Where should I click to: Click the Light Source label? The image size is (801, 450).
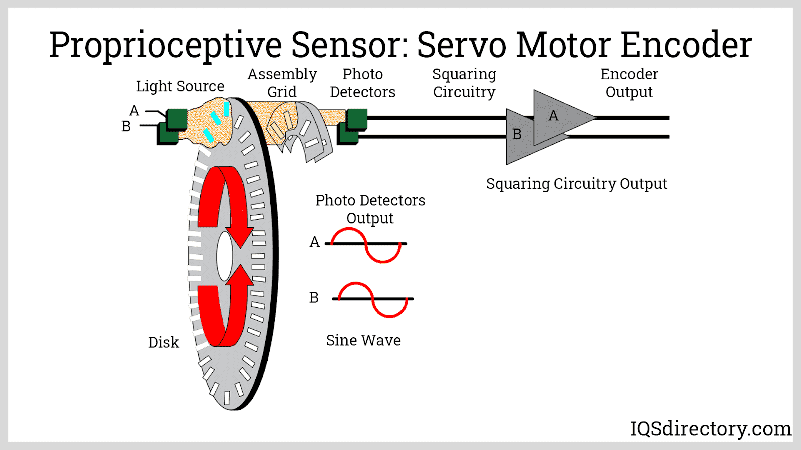click(x=180, y=86)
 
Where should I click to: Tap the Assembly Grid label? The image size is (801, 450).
click(x=282, y=83)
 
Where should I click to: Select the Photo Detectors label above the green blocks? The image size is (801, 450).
click(x=362, y=83)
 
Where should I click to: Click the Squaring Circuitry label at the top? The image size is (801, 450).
click(x=464, y=83)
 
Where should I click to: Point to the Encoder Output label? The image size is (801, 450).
click(x=629, y=83)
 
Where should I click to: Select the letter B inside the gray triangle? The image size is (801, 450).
click(x=517, y=135)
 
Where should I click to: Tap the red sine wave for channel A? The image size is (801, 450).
click(x=366, y=245)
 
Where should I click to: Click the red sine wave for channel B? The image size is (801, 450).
click(x=373, y=300)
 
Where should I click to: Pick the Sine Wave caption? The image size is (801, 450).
click(x=363, y=341)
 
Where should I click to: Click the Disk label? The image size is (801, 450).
click(x=163, y=343)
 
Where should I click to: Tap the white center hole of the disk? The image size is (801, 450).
click(x=225, y=256)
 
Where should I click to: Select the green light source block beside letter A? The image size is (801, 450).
click(x=177, y=119)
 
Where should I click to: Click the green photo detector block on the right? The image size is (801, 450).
click(x=356, y=120)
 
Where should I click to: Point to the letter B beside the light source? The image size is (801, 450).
click(x=126, y=127)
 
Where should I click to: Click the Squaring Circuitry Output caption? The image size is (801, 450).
click(x=576, y=184)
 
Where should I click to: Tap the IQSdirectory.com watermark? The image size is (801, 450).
click(x=710, y=429)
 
